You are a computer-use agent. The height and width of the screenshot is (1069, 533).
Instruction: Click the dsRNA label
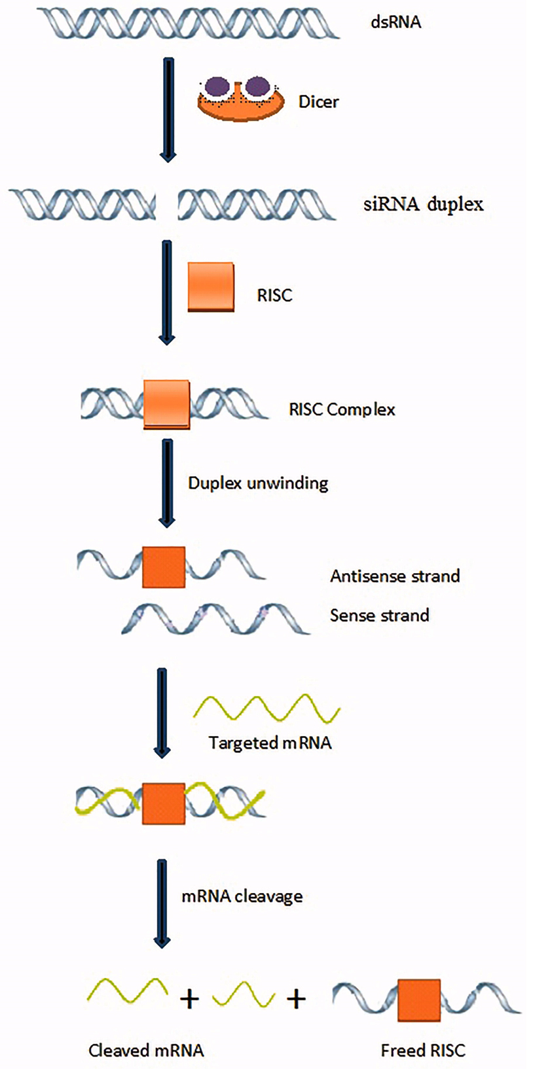pos(395,22)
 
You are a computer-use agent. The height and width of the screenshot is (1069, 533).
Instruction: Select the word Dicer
pos(318,102)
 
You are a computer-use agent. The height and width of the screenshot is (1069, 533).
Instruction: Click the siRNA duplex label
pos(423,204)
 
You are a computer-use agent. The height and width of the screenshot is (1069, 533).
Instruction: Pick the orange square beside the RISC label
pos(211,287)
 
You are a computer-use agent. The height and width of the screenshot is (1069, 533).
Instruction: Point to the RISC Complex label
pos(342,410)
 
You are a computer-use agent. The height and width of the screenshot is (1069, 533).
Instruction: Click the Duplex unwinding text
pos(258,483)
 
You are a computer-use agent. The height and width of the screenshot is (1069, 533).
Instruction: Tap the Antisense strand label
pos(395,576)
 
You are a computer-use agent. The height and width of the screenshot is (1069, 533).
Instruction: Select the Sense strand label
pos(379,616)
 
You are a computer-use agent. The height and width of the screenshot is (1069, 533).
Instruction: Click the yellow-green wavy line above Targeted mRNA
pos(266,709)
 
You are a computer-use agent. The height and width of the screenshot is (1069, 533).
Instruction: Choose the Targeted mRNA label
pos(270,743)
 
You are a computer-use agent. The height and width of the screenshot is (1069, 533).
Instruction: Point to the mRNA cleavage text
pos(242,896)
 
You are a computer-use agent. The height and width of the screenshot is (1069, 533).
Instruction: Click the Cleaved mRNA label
pos(146,1051)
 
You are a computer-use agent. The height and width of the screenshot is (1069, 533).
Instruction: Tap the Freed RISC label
pos(423,1051)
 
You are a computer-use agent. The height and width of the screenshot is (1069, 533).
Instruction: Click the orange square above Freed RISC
pos(419,1000)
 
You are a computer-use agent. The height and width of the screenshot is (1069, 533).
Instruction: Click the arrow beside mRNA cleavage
pos(162,903)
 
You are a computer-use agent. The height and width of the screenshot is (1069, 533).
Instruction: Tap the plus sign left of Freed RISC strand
pos(296,999)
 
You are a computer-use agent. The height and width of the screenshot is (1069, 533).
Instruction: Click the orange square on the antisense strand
pos(164,567)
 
